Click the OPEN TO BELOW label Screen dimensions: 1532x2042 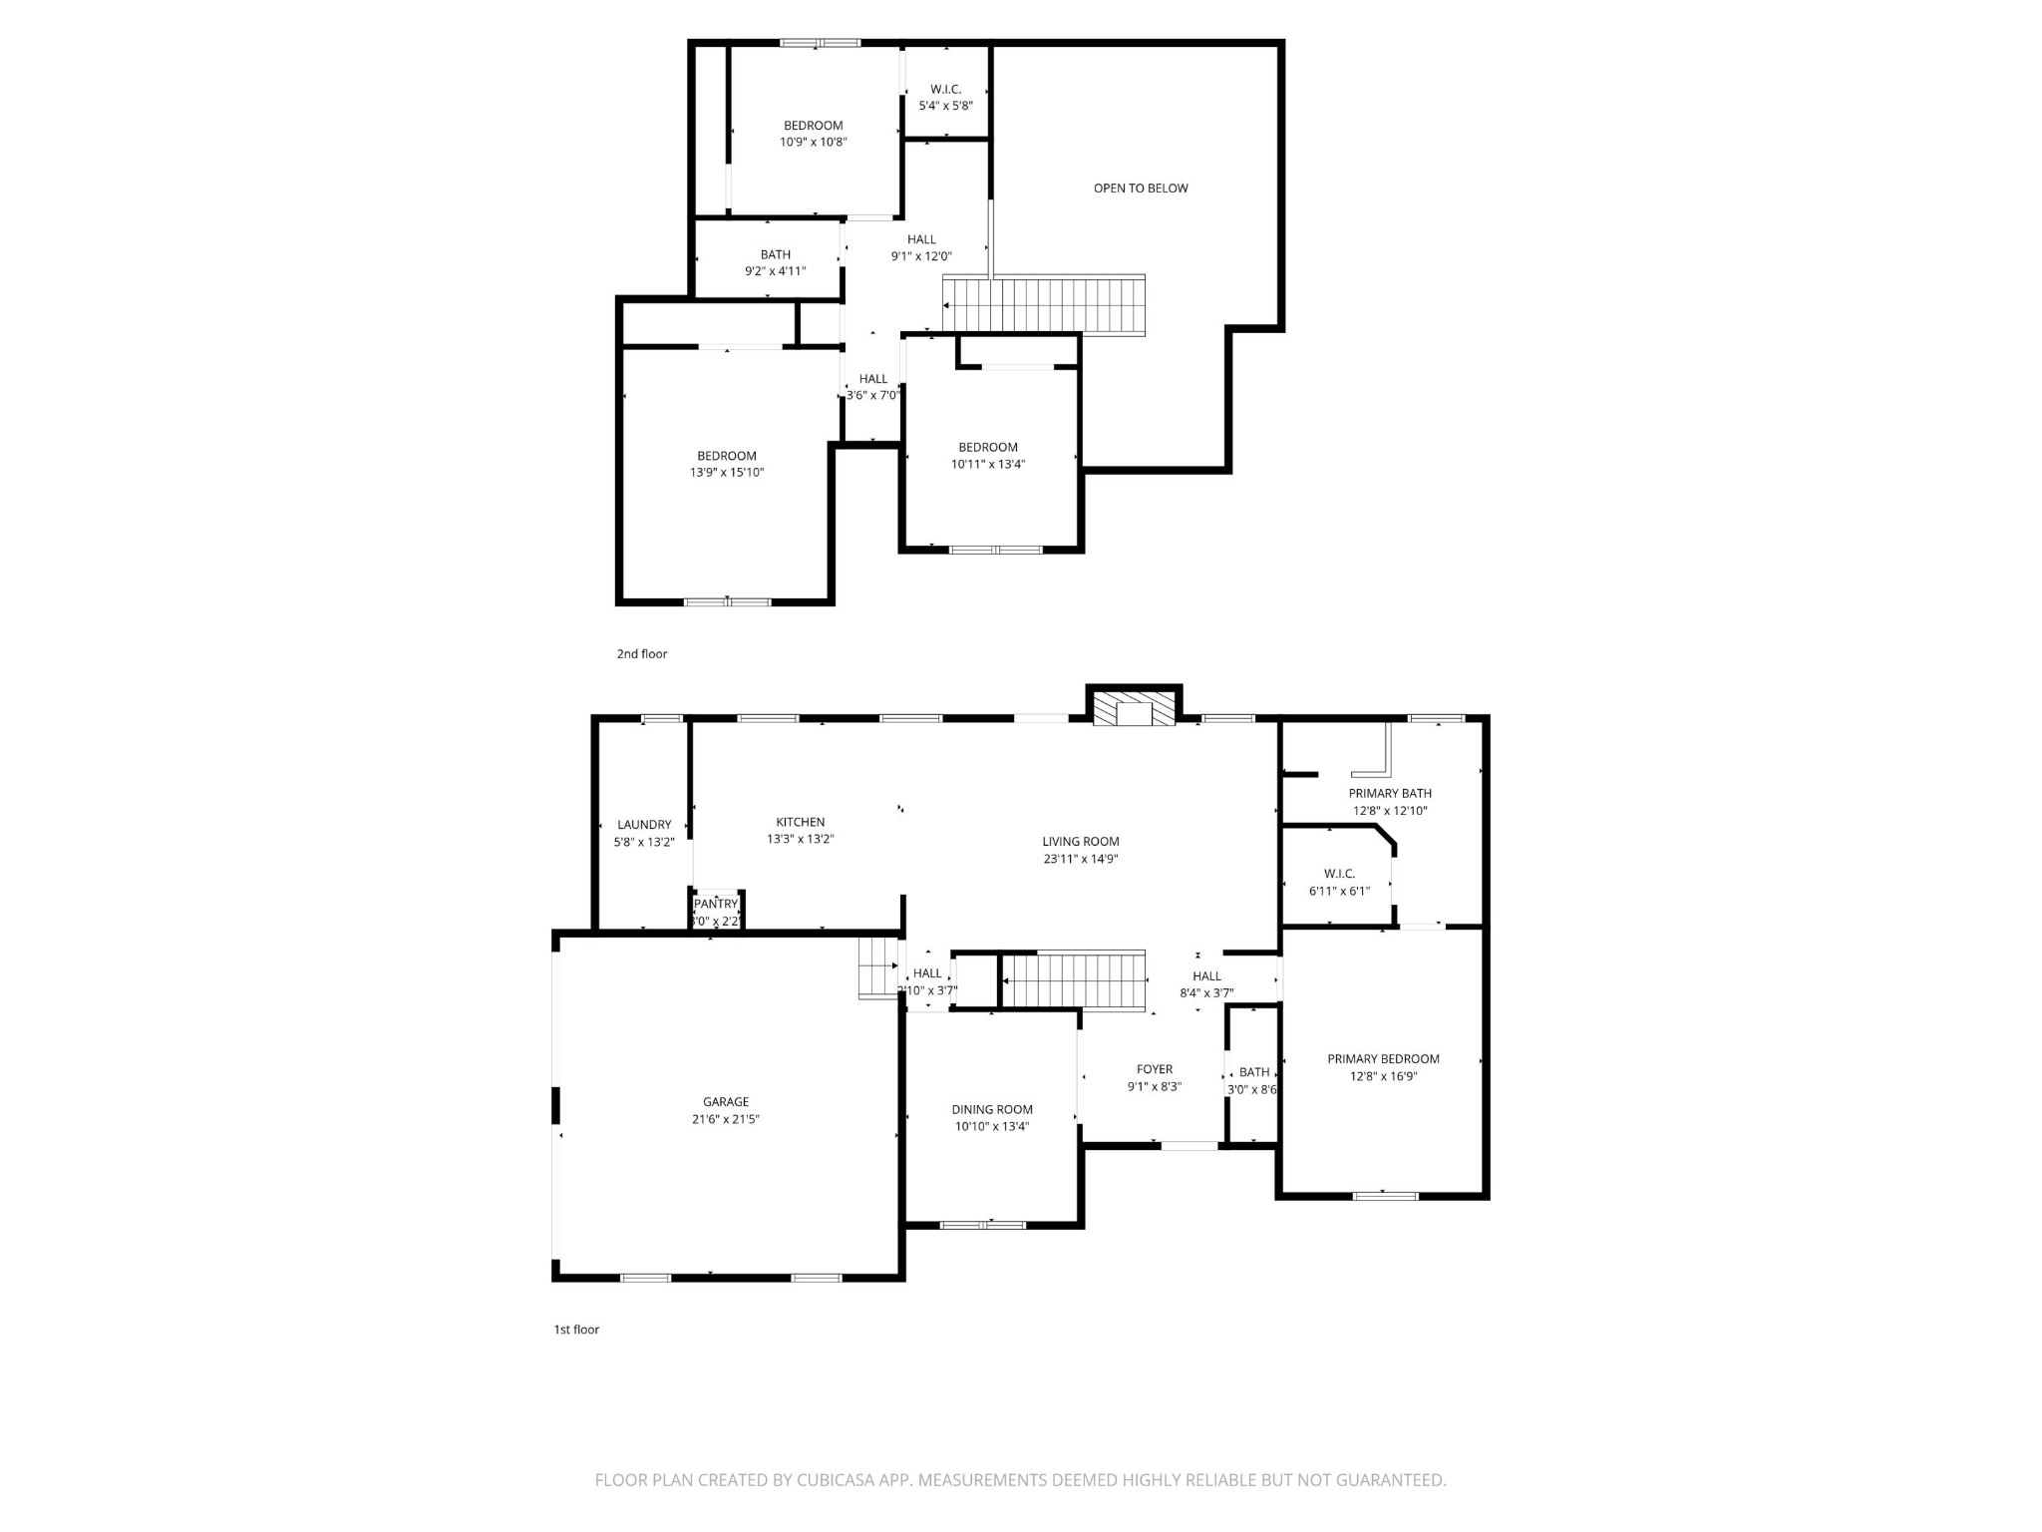[x=1141, y=189]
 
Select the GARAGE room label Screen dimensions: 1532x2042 [x=726, y=1102]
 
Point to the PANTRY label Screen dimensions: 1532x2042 [x=716, y=905]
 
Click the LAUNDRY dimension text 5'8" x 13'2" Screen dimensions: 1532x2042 [x=644, y=842]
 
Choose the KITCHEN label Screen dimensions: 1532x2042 [x=801, y=822]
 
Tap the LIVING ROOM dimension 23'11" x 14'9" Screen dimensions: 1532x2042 [x=1081, y=859]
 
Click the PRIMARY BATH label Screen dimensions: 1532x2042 [x=1390, y=794]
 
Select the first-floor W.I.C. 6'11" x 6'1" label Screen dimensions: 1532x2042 [x=1339, y=882]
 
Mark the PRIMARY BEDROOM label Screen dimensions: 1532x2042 [x=1383, y=1059]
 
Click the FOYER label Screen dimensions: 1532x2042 [x=1155, y=1069]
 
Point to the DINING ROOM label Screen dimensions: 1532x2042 [x=992, y=1109]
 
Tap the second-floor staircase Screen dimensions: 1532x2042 [x=1044, y=304]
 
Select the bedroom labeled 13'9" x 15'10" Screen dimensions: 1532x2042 [x=727, y=464]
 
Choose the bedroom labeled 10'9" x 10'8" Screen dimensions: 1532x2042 [x=814, y=134]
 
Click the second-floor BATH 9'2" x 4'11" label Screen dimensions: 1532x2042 [x=775, y=262]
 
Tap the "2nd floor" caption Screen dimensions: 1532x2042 [x=642, y=654]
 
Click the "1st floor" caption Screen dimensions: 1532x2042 [x=576, y=1330]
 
